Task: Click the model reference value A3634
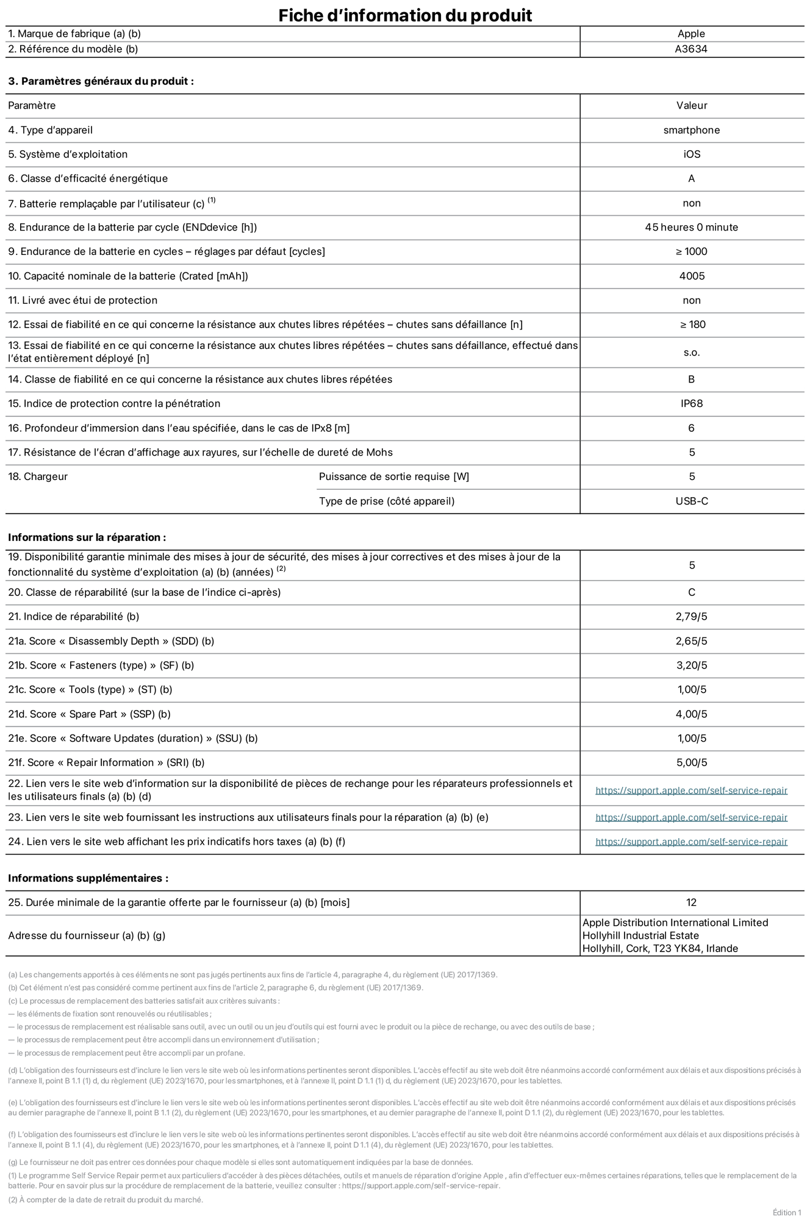691,49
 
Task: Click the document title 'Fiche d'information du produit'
405,15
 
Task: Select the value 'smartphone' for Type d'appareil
691,130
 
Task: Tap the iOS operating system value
691,154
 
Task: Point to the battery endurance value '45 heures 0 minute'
691,228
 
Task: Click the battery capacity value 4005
691,276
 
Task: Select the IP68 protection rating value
691,404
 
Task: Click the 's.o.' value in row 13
691,353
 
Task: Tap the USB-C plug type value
691,501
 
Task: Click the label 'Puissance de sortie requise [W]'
394,477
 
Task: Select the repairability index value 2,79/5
691,617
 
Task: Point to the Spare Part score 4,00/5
691,714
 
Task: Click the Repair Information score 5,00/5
691,763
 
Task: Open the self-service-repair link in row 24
691,842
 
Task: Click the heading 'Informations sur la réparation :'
87,537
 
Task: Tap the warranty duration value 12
691,903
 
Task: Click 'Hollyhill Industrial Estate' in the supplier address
640,936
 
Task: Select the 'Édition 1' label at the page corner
786,1213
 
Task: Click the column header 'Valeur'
691,106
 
